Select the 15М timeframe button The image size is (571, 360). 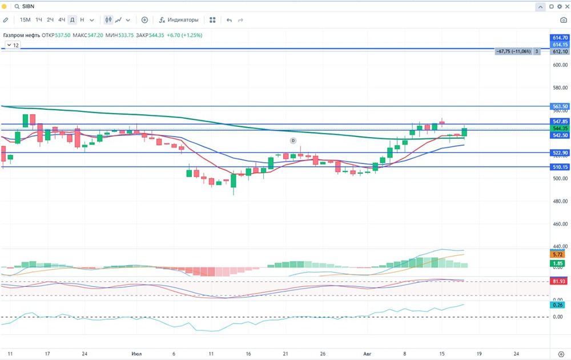pyautogui.click(x=25, y=20)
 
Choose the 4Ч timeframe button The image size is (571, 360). pyautogui.click(x=62, y=20)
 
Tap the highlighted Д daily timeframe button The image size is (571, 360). pyautogui.click(x=72, y=20)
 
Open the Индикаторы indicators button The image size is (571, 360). pyautogui.click(x=179, y=20)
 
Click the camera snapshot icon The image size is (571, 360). pyautogui.click(x=564, y=20)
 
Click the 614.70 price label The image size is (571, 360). pyautogui.click(x=560, y=38)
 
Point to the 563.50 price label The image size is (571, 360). pyautogui.click(x=560, y=106)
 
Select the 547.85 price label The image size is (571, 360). pyautogui.click(x=560, y=122)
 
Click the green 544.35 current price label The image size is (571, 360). pyautogui.click(x=560, y=129)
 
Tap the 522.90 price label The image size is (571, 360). pyautogui.click(x=560, y=153)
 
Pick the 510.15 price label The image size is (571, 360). pyautogui.click(x=560, y=167)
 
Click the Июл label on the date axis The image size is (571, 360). pyautogui.click(x=136, y=354)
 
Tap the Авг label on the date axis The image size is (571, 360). pyautogui.click(x=367, y=354)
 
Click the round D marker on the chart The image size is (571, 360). pyautogui.click(x=293, y=140)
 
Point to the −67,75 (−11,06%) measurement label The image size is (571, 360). pyautogui.click(x=514, y=51)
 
